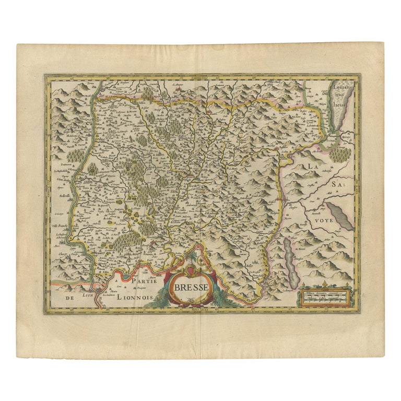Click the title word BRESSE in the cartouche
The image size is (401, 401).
click(x=191, y=287)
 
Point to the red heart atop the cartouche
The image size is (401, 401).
click(x=192, y=270)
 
